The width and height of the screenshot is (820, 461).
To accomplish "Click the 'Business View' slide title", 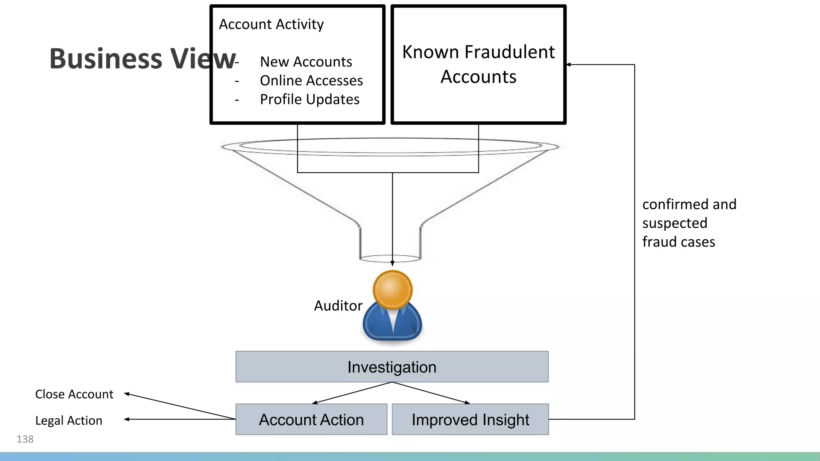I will coord(142,59).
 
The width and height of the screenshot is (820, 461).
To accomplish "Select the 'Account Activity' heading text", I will coord(271,24).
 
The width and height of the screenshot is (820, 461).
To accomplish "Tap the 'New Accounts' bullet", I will coord(306,62).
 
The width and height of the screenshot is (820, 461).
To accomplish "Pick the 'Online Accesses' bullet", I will coord(311,80).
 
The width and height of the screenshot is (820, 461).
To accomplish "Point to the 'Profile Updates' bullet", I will coord(310,99).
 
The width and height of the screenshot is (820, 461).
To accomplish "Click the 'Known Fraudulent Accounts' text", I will coord(478,64).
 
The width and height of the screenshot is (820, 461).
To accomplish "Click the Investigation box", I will coord(392,367).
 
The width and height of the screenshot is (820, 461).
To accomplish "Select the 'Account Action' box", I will coord(311,419).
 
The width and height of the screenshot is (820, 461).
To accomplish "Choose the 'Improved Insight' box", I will coord(470,419).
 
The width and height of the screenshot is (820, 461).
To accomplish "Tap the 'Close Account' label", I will coord(74,394).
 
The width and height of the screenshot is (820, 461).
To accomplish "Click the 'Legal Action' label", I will coord(69,421).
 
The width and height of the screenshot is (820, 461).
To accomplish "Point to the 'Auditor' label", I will coord(338,306).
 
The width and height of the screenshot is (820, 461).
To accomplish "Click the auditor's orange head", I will coord(392,289).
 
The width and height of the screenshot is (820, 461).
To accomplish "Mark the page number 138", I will coord(25,439).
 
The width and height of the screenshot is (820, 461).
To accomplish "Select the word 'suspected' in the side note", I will coord(675,223).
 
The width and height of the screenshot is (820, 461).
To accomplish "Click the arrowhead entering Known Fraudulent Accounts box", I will coord(569,64).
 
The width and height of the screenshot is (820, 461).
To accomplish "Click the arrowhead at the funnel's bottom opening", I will coord(392,263).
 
